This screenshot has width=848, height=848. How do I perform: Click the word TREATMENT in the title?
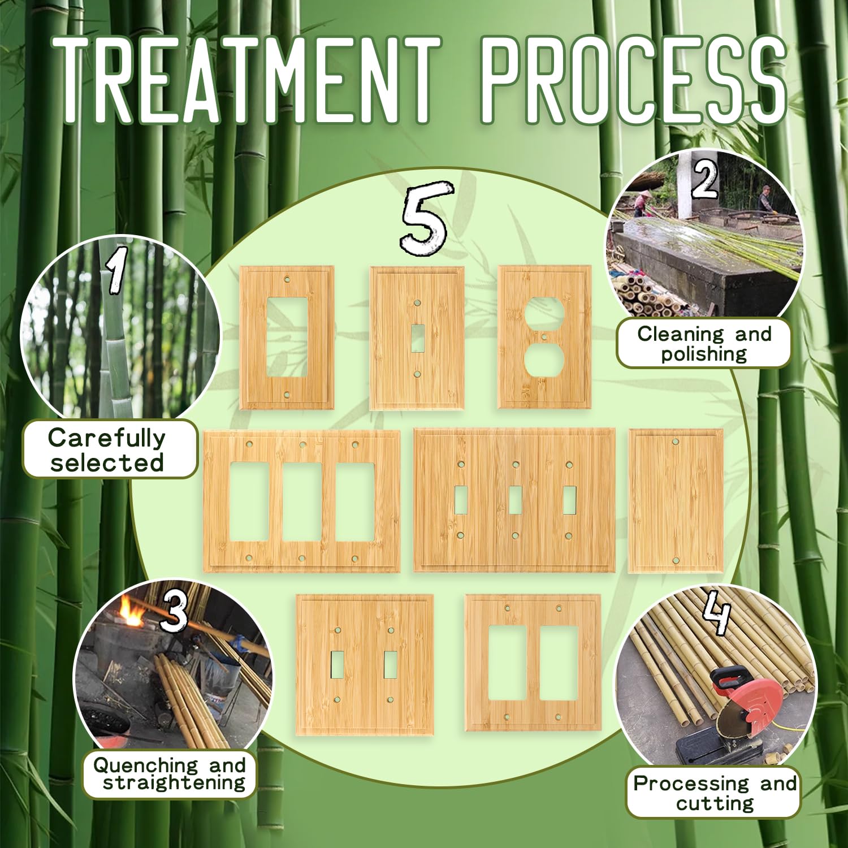(x=250, y=80)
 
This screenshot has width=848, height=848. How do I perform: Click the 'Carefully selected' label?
(x=107, y=449)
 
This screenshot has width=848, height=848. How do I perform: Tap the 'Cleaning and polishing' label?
(x=704, y=343)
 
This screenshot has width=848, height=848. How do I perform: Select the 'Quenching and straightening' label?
(x=169, y=773)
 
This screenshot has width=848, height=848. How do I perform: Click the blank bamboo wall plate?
(x=676, y=501)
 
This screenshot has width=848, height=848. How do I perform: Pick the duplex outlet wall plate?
(x=544, y=337)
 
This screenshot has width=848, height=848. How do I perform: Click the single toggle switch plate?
(x=417, y=338)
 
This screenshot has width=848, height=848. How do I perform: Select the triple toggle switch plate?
(x=514, y=500)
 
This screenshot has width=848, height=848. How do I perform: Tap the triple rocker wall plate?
(x=302, y=501)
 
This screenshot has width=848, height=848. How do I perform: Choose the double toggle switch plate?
(x=365, y=665)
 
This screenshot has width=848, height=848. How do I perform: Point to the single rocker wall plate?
(x=287, y=338)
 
